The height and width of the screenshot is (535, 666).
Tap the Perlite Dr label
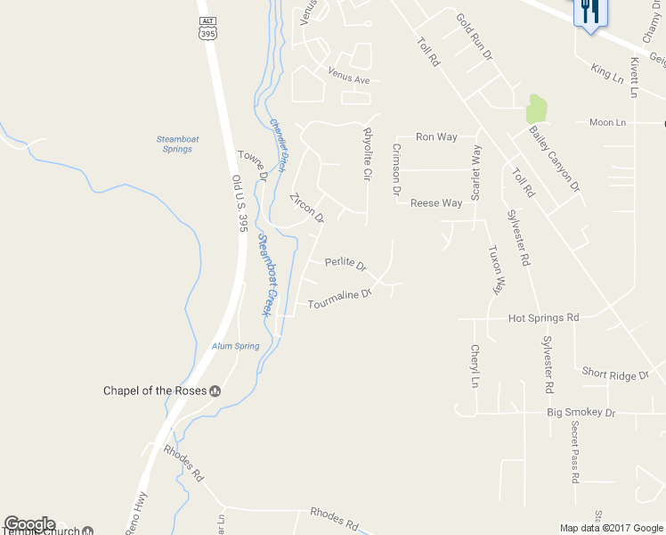point(345,264)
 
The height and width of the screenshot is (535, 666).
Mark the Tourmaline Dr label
point(338,299)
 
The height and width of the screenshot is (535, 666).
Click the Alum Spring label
point(236,346)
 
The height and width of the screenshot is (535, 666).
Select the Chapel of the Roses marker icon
point(215,391)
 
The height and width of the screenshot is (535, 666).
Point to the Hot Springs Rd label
point(543,317)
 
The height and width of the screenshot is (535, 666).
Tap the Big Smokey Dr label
point(581,413)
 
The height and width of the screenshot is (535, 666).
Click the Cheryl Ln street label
point(475,366)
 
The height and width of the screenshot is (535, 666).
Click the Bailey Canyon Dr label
point(554,160)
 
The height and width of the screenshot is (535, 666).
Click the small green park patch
point(536,109)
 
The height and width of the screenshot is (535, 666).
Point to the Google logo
point(29,525)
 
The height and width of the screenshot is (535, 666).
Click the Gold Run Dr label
point(475,37)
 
